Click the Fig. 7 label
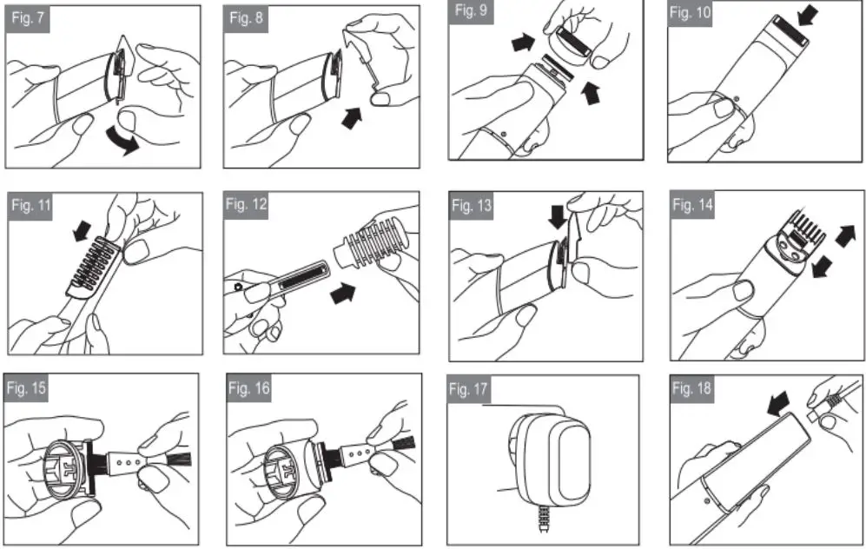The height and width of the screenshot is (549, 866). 28,18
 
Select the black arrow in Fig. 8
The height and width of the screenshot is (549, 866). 352,118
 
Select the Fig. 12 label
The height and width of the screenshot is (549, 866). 248,204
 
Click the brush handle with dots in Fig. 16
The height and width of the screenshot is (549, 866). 360,453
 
